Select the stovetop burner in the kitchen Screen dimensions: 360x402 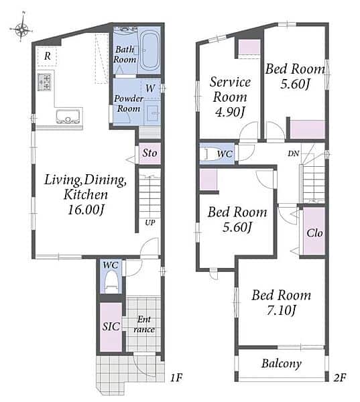pyautogui.click(x=44, y=82)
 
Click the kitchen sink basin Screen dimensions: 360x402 pyautogui.click(x=68, y=117)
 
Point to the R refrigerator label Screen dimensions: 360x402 pyautogui.click(x=48, y=56)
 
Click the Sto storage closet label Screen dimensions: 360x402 pyautogui.click(x=149, y=153)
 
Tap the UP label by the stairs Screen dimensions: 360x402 pyautogui.click(x=150, y=222)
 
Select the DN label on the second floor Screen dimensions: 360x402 pyautogui.click(x=293, y=153)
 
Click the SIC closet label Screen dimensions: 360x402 pyautogui.click(x=111, y=326)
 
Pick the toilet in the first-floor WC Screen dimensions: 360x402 pyautogui.click(x=111, y=281)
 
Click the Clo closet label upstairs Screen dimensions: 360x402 pyautogui.click(x=314, y=233)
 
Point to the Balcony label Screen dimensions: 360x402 pyautogui.click(x=282, y=364)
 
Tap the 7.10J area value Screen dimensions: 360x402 pyautogui.click(x=282, y=310)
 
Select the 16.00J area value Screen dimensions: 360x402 pyautogui.click(x=86, y=210)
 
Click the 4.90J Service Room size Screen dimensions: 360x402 pyautogui.click(x=230, y=112)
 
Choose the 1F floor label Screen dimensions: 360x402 pyautogui.click(x=176, y=377)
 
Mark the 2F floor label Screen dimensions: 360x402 pyautogui.click(x=340, y=377)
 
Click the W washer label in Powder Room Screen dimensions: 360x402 pyautogui.click(x=150, y=88)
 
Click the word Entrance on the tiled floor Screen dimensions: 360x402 pyautogui.click(x=144, y=324)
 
